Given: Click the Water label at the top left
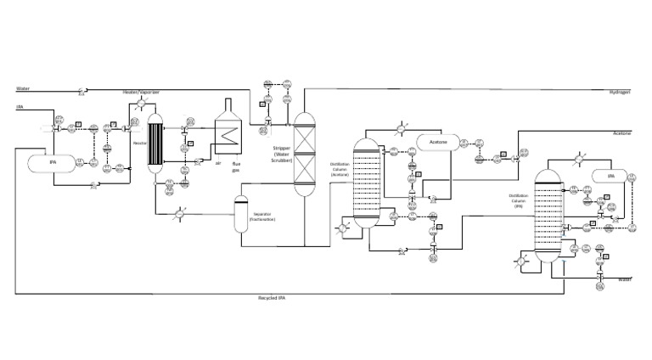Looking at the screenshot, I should (x=22, y=87).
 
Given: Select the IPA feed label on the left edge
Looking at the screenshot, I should (x=19, y=107).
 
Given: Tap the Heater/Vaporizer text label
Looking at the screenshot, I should (x=142, y=92).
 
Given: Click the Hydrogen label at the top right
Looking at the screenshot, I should (x=622, y=92).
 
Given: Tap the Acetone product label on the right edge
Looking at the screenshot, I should (x=623, y=134).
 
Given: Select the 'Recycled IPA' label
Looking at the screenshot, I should (x=272, y=298).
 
